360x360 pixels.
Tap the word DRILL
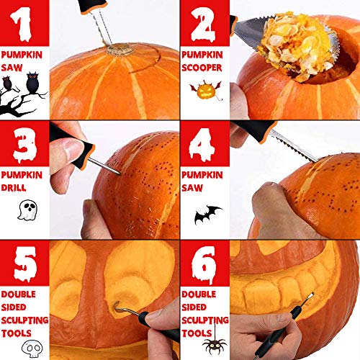[x=14, y=187]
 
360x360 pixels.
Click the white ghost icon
[x=23, y=211]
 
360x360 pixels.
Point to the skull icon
[x=22, y=348]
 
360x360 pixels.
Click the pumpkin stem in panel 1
[x=120, y=50]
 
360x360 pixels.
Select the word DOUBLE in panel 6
[x=201, y=294]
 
